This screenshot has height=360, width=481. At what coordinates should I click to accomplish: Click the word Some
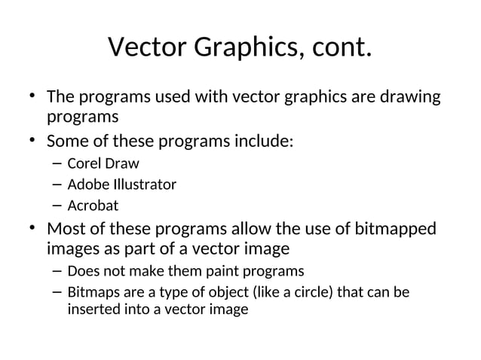coord(66,141)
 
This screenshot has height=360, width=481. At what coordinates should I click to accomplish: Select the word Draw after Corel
coord(122,163)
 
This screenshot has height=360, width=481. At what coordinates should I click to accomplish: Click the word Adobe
coord(87,184)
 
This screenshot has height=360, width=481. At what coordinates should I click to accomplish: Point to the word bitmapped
coord(405,228)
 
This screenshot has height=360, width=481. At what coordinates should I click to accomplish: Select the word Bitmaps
coord(93,291)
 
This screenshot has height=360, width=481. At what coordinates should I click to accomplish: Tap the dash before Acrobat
coord(58,205)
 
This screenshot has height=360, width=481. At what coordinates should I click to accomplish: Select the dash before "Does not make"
coord(58,270)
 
